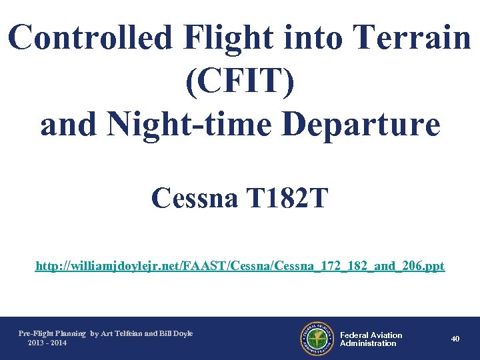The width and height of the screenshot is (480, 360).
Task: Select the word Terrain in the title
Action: click(x=414, y=39)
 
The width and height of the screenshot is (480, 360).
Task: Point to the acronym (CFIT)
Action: click(x=239, y=81)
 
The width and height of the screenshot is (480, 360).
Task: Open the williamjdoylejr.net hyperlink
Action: click(x=239, y=267)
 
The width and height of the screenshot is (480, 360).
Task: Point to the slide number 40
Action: click(x=455, y=339)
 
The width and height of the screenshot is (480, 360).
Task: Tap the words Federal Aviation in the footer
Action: click(x=371, y=335)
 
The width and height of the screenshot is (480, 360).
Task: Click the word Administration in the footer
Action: click(x=368, y=343)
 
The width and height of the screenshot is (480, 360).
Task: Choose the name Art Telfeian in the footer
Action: click(x=122, y=333)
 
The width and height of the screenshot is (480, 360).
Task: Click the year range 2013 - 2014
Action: click(x=47, y=343)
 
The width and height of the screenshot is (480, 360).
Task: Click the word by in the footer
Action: click(x=94, y=333)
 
